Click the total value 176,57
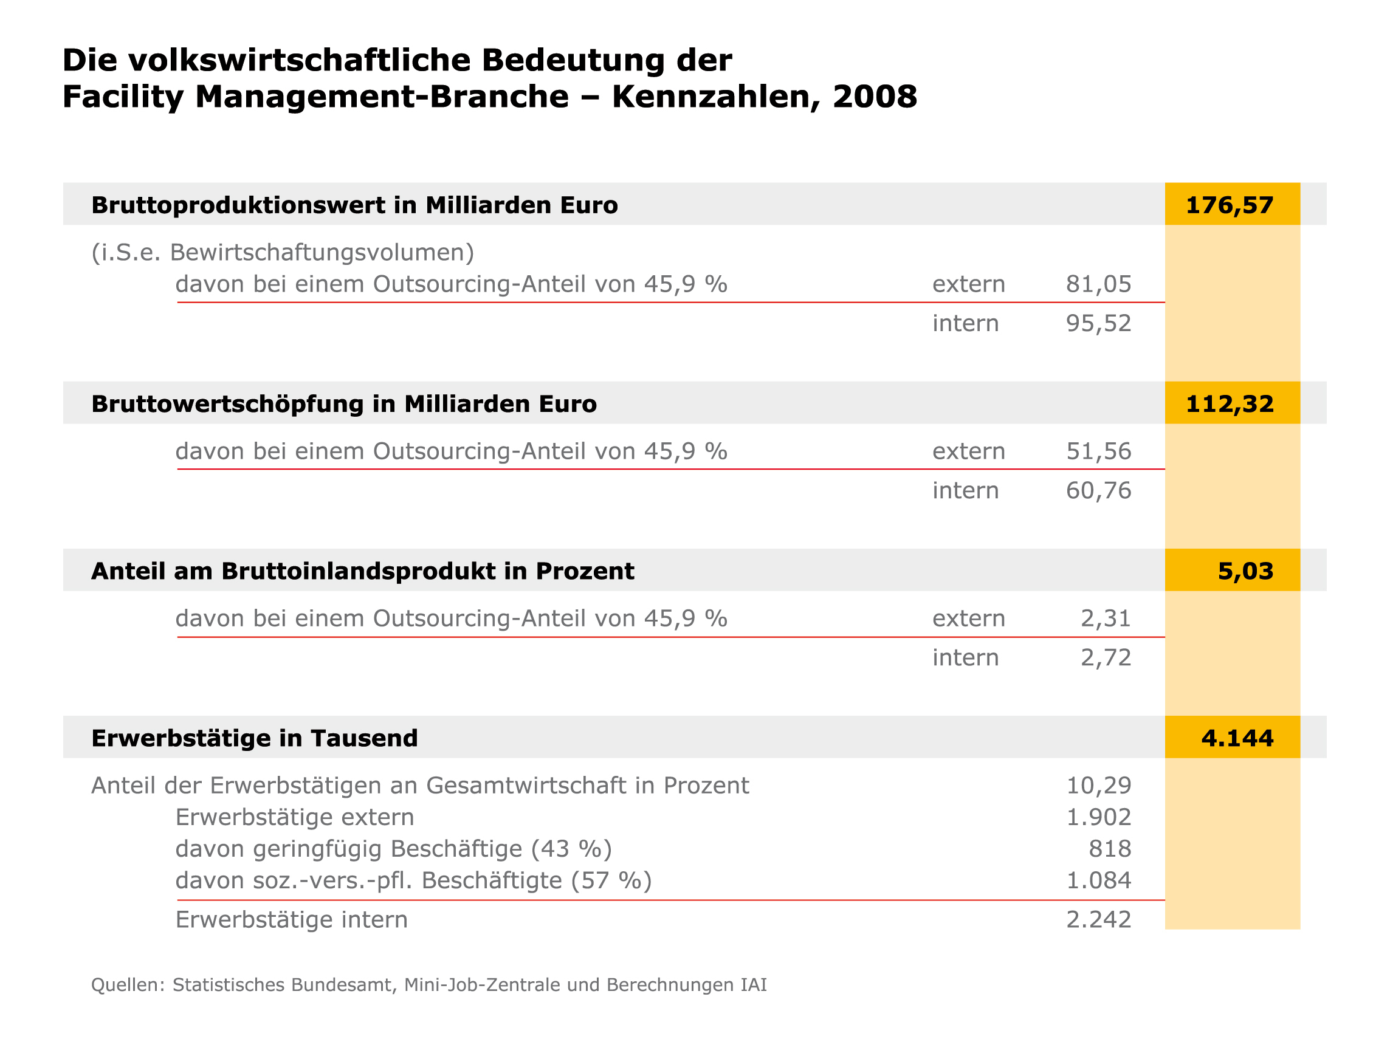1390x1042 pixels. (x=1229, y=205)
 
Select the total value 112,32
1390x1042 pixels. (x=1229, y=404)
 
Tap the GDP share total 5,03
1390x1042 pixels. (x=1245, y=571)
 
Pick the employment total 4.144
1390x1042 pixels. (x=1237, y=738)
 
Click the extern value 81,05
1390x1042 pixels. (x=1098, y=284)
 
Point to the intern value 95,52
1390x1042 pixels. (x=1098, y=323)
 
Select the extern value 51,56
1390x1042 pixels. (x=1098, y=451)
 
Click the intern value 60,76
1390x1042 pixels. (x=1098, y=490)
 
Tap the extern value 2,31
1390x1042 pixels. (x=1106, y=619)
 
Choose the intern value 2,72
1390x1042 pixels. (x=1106, y=657)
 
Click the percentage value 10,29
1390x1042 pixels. (x=1098, y=786)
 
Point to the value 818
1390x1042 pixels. (x=1110, y=849)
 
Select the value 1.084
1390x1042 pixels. (x=1098, y=880)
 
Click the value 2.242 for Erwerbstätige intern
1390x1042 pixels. (x=1098, y=919)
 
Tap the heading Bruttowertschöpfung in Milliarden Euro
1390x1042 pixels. (x=344, y=405)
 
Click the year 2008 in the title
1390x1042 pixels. (x=875, y=97)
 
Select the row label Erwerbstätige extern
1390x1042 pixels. (x=295, y=817)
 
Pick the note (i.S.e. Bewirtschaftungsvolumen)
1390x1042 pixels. (x=283, y=253)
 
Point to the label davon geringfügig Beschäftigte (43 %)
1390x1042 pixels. (x=393, y=849)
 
